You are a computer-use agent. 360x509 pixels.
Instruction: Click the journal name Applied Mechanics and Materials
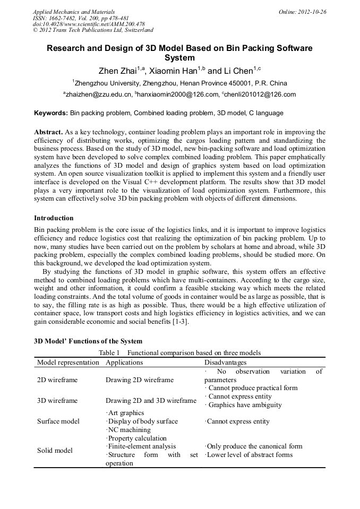[x=74, y=12]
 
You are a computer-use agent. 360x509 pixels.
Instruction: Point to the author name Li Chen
[x=237, y=71]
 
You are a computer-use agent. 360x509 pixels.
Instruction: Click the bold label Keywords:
[x=51, y=113]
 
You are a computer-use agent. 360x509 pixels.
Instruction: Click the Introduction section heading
[x=54, y=218]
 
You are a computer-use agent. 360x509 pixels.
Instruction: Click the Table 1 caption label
[x=109, y=353]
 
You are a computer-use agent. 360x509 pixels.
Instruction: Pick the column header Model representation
[x=68, y=363]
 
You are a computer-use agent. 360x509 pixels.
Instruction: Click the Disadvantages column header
[x=225, y=363]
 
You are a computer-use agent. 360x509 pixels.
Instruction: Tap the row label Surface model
[x=58, y=421]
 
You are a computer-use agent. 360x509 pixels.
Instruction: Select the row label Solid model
[x=55, y=451]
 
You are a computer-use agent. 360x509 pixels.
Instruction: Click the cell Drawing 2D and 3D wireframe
[x=151, y=401]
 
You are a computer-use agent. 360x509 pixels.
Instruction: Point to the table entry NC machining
[x=128, y=430]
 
